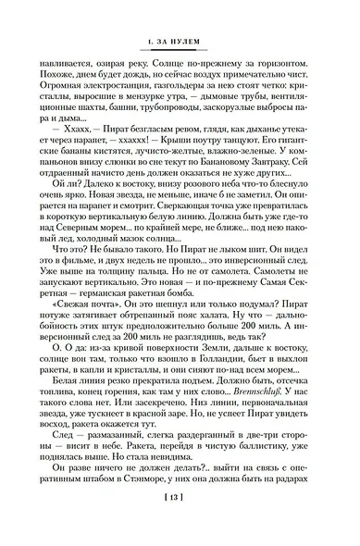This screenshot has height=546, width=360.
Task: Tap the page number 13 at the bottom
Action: point(179,523)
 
